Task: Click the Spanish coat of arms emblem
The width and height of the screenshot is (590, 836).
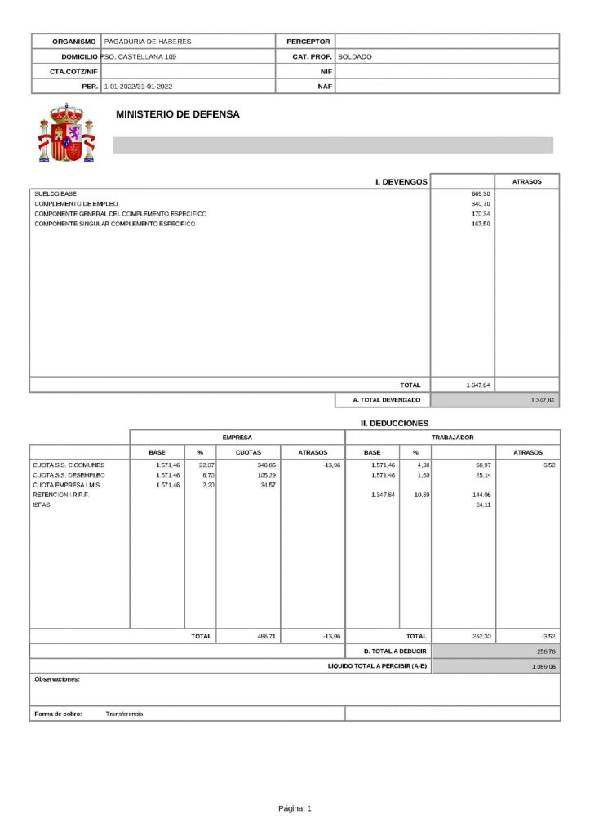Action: (x=66, y=132)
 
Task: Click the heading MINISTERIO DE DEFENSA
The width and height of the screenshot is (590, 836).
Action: (x=178, y=115)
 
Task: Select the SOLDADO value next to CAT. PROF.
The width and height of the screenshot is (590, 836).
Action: (x=355, y=57)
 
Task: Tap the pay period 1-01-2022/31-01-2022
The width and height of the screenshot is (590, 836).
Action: (x=138, y=86)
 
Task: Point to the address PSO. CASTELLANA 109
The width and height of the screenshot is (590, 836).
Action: (x=138, y=57)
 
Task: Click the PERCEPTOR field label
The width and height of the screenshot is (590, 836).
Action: (x=308, y=42)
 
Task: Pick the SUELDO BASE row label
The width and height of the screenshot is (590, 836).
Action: (x=55, y=193)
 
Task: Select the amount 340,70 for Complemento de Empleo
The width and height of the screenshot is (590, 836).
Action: (x=481, y=203)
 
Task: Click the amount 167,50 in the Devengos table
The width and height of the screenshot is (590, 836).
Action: (x=481, y=223)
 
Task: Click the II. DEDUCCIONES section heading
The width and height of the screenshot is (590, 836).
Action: (x=394, y=423)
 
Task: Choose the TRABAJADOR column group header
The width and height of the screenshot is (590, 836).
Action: (x=453, y=438)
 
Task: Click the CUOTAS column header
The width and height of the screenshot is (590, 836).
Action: (x=248, y=452)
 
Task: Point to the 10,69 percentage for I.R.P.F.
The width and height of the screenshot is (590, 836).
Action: (x=415, y=495)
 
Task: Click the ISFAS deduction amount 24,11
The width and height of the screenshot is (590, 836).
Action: (x=481, y=505)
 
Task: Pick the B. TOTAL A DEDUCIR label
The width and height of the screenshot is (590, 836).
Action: (x=395, y=651)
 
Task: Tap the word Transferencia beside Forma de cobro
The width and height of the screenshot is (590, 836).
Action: (x=124, y=714)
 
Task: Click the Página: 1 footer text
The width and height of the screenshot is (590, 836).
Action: (x=295, y=808)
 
